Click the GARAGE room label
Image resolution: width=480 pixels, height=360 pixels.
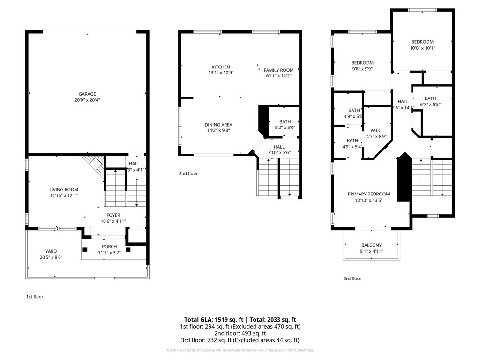pyautogui.click(x=87, y=94)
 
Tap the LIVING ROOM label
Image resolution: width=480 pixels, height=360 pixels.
pyautogui.click(x=64, y=189)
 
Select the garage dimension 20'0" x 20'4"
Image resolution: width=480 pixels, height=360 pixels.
pyautogui.click(x=87, y=100)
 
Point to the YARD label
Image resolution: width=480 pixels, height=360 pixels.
pyautogui.click(x=51, y=251)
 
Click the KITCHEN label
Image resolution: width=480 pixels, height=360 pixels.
pyautogui.click(x=221, y=67)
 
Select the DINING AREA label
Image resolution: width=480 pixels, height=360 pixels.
pyautogui.click(x=218, y=125)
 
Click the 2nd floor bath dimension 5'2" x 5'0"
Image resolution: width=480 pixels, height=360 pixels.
pyautogui.click(x=285, y=127)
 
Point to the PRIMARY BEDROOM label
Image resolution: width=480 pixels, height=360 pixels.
pyautogui.click(x=368, y=194)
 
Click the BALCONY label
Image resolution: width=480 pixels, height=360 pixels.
pyautogui.click(x=371, y=245)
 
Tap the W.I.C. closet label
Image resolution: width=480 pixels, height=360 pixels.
pyautogui.click(x=376, y=130)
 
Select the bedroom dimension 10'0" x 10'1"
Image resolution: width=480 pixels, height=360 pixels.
pyautogui.click(x=422, y=48)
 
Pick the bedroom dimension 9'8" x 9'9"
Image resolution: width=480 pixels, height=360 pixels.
pyautogui.click(x=362, y=69)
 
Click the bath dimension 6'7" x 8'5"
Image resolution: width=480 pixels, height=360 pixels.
pyautogui.click(x=430, y=105)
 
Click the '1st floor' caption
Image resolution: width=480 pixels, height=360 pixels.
pyautogui.click(x=35, y=297)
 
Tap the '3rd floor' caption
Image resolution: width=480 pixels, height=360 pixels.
pyautogui.click(x=352, y=278)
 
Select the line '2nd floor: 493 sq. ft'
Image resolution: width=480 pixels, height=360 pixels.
pyautogui.click(x=240, y=333)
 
